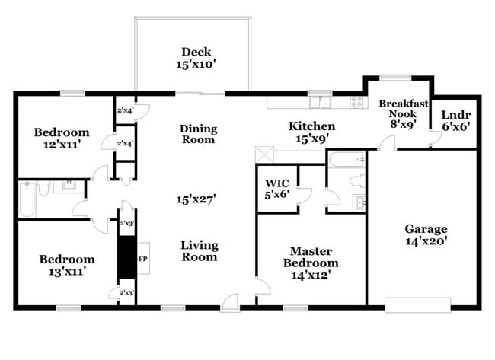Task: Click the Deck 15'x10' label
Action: (x=194, y=59)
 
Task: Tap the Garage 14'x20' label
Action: (x=426, y=234)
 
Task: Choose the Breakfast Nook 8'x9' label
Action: (x=404, y=115)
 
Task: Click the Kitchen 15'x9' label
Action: (x=311, y=132)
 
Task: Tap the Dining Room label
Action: (x=198, y=134)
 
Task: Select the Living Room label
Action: (x=200, y=251)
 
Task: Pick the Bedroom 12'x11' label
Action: (x=62, y=138)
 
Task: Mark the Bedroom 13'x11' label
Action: (x=67, y=265)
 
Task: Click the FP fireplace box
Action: (x=142, y=258)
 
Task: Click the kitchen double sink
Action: (x=319, y=103)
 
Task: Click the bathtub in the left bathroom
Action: (x=27, y=199)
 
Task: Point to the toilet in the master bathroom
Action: (x=356, y=181)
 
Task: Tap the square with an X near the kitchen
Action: (x=264, y=151)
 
